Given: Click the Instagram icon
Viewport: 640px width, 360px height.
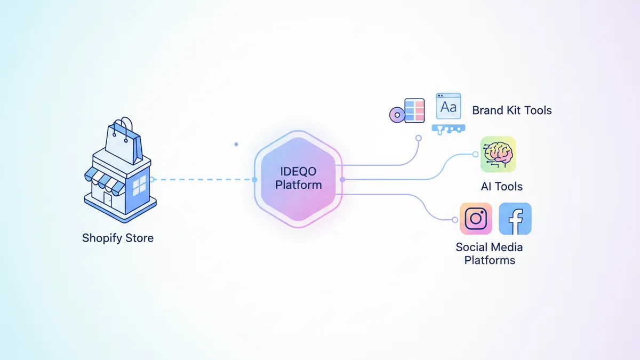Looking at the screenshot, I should [x=476, y=219].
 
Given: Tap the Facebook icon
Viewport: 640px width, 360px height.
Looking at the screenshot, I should [x=515, y=219].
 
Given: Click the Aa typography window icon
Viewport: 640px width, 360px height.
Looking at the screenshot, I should [x=449, y=106].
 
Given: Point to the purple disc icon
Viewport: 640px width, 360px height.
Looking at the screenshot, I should [x=396, y=114].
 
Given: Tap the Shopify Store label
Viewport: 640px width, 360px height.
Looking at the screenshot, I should [x=118, y=238].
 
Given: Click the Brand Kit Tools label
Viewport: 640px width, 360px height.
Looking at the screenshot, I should [x=512, y=110].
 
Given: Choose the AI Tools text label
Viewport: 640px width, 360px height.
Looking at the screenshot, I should [x=501, y=187].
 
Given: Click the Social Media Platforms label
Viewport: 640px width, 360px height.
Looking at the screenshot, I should [x=489, y=254].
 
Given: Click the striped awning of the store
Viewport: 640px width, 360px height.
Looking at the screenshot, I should [x=105, y=180].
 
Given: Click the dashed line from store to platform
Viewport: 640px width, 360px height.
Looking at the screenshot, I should [x=203, y=180].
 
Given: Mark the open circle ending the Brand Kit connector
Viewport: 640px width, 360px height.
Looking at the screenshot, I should [x=419, y=138].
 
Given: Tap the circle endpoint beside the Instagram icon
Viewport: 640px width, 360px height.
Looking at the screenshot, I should [x=455, y=220].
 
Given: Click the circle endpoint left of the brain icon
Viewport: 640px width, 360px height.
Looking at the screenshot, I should [x=475, y=155].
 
